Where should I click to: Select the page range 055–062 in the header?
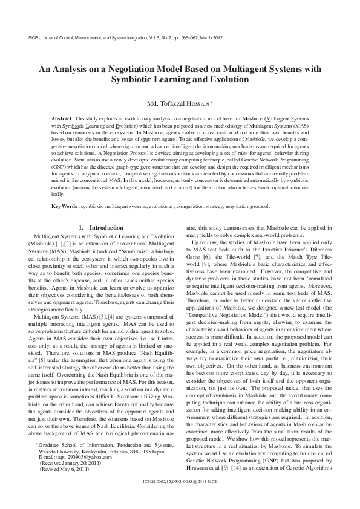(187, 37)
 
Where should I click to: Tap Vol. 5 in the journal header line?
(151, 37)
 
